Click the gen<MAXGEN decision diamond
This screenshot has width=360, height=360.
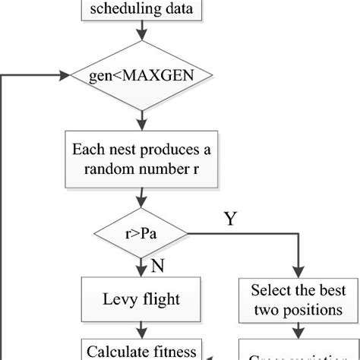point(141,76)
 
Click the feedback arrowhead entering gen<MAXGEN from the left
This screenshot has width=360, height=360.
point(64,76)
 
